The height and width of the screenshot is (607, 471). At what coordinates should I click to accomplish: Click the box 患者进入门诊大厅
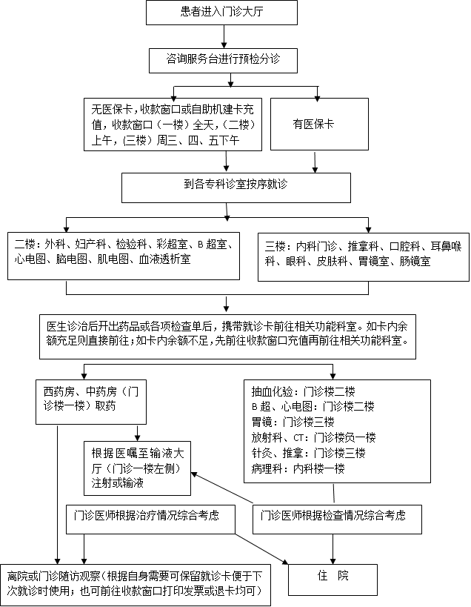[223, 13]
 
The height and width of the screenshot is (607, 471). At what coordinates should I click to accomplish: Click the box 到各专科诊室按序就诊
[226, 187]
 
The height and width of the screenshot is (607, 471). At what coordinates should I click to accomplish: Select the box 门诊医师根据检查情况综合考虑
[337, 516]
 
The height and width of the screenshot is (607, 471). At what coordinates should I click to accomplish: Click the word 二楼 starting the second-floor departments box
[24, 243]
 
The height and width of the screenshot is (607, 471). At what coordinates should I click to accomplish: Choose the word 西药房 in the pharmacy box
[59, 390]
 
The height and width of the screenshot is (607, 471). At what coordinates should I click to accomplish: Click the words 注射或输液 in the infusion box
[117, 483]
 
